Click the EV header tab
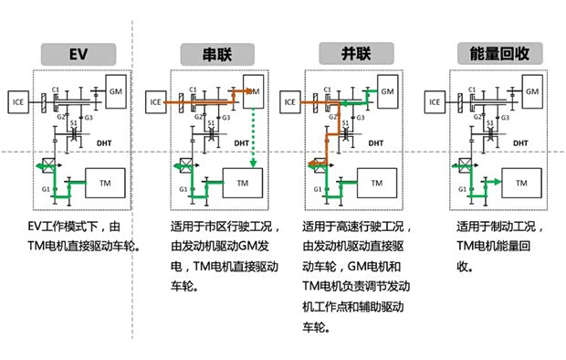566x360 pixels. point(78,53)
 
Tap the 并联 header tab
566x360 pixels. point(352,53)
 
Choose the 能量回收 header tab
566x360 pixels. point(493,53)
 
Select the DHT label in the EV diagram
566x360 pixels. point(104,143)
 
